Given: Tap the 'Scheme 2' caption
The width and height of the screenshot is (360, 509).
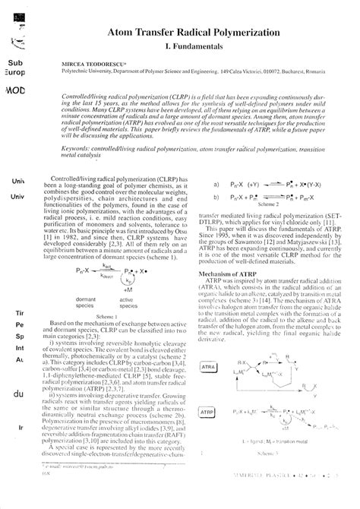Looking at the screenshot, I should (x=270, y=226).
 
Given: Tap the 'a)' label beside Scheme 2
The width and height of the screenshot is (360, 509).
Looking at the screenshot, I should (x=216, y=205).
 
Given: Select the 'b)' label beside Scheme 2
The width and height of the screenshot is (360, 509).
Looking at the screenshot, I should (x=216, y=218).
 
